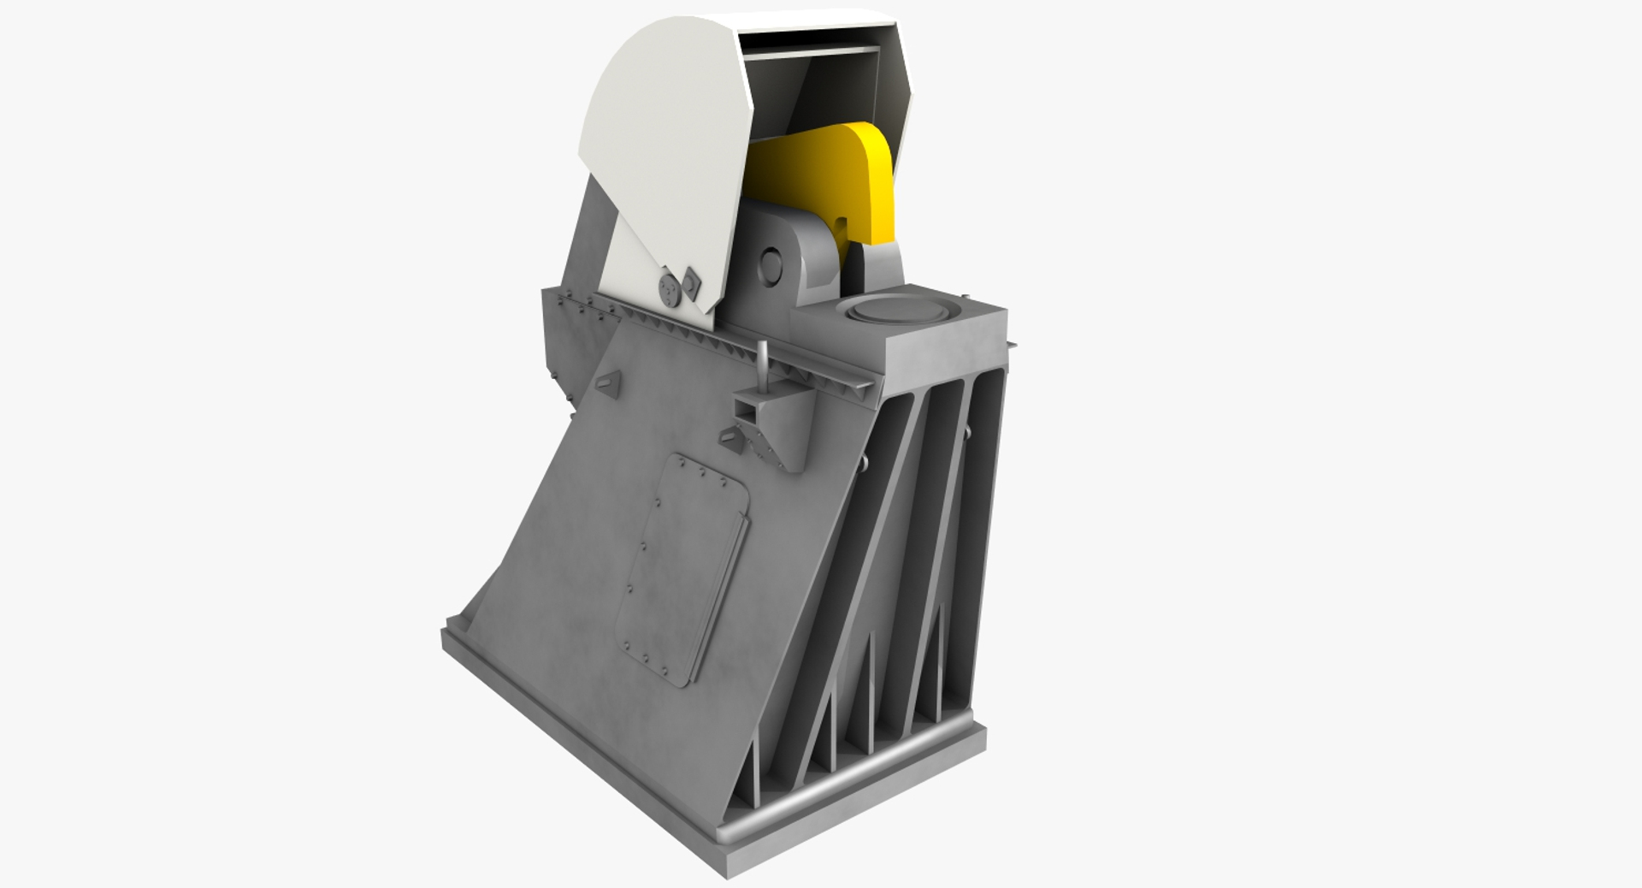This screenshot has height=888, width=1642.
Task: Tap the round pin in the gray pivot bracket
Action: point(771,266)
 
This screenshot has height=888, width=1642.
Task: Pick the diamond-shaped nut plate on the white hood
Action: point(689,280)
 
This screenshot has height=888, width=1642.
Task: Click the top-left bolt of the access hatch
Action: point(682,463)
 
